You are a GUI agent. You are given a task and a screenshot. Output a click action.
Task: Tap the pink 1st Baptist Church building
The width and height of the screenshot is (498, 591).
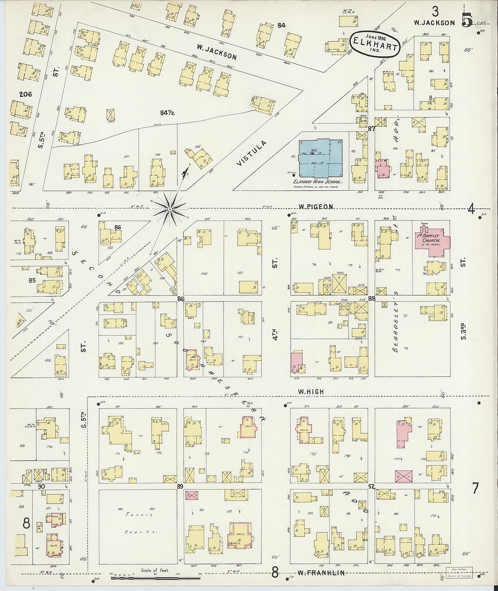click(x=432, y=240)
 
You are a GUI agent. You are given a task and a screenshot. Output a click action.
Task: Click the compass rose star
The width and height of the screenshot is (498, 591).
click(x=169, y=209)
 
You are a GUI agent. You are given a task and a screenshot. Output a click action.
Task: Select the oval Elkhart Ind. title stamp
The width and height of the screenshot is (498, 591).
click(x=374, y=44)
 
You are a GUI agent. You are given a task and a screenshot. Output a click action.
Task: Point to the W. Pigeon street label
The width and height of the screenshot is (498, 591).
click(x=316, y=207)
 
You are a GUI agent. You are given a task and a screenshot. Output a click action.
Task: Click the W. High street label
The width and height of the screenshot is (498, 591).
click(x=311, y=391)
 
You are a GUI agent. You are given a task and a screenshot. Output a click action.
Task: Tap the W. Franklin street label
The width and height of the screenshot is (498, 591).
click(x=321, y=573)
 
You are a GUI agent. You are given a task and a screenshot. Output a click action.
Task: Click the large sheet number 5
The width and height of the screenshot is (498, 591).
click(x=467, y=20)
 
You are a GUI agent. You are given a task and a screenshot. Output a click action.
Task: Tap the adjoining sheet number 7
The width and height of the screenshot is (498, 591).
click(x=475, y=488)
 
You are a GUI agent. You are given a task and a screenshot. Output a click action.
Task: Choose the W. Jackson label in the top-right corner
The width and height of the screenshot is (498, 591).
click(x=434, y=23)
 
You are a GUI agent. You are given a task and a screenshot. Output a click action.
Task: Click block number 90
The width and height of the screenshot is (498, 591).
click(x=42, y=486)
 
